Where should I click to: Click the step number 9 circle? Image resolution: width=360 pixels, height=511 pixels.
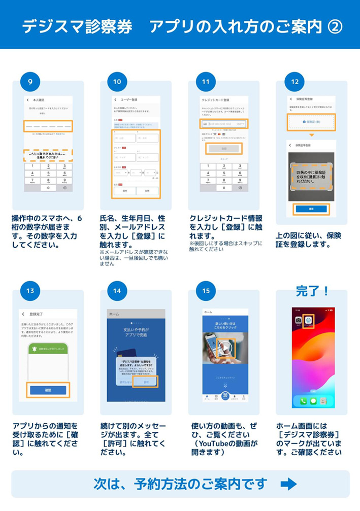click(x=30, y=82)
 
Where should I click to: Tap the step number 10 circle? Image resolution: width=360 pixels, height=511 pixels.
click(x=117, y=82)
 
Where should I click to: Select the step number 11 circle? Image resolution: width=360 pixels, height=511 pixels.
click(x=206, y=82)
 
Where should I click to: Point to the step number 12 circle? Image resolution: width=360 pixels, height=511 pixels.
click(x=294, y=82)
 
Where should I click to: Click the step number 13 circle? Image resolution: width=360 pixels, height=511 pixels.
click(x=30, y=291)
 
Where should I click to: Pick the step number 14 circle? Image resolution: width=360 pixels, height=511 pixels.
click(x=117, y=291)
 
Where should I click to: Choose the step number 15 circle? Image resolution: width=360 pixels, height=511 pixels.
click(x=206, y=291)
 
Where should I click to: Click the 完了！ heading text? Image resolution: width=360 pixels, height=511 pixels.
click(x=312, y=291)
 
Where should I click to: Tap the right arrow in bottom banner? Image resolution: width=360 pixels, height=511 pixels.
click(x=288, y=483)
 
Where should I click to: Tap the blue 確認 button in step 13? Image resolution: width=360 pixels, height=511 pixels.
click(x=47, y=390)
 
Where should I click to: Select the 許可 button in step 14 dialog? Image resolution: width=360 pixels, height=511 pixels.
click(x=147, y=382)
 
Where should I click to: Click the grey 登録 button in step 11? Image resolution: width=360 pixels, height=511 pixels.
click(x=224, y=149)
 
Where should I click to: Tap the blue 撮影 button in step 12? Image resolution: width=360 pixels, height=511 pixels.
click(x=311, y=209)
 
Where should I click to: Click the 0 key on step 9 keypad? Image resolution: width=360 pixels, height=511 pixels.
click(x=48, y=188)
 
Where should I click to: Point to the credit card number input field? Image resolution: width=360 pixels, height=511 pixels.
click(x=224, y=124)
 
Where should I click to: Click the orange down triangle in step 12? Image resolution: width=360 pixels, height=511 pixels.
click(x=311, y=135)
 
